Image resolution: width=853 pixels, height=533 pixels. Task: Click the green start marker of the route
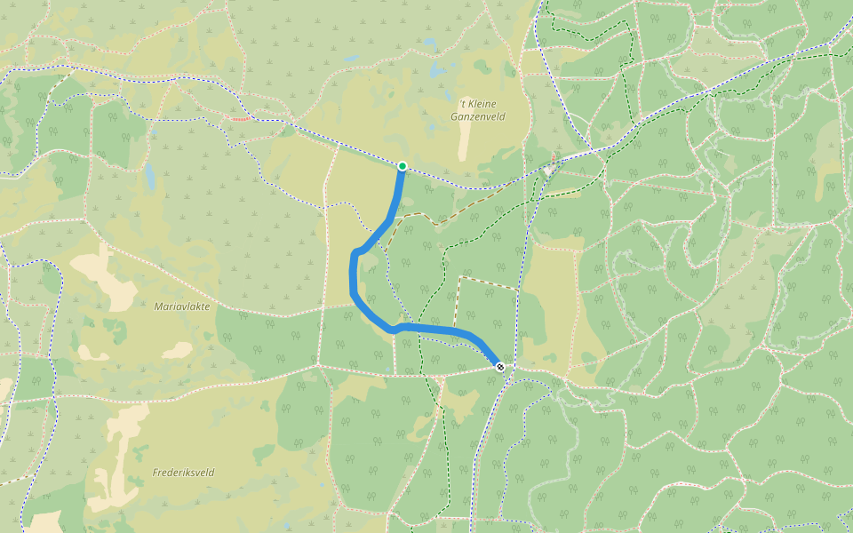pyautogui.click(x=403, y=166)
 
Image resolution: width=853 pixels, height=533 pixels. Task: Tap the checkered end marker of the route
pyautogui.click(x=501, y=367)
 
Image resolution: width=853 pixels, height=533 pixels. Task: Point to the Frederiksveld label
pyautogui.click(x=183, y=473)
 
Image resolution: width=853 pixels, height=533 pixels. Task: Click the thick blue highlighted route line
pyautogui.click(x=355, y=275)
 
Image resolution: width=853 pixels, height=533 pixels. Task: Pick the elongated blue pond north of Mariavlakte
pyautogui.click(x=150, y=178)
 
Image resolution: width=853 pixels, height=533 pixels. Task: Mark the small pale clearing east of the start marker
pyautogui.click(x=549, y=170)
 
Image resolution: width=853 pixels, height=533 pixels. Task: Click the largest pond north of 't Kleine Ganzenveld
pyautogui.click(x=436, y=69)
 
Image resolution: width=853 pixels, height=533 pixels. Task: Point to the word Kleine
pyautogui.click(x=479, y=104)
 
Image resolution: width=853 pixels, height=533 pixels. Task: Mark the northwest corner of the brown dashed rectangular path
pyautogui.click(x=459, y=277)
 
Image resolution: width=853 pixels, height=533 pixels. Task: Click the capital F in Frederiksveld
pyautogui.click(x=155, y=473)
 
